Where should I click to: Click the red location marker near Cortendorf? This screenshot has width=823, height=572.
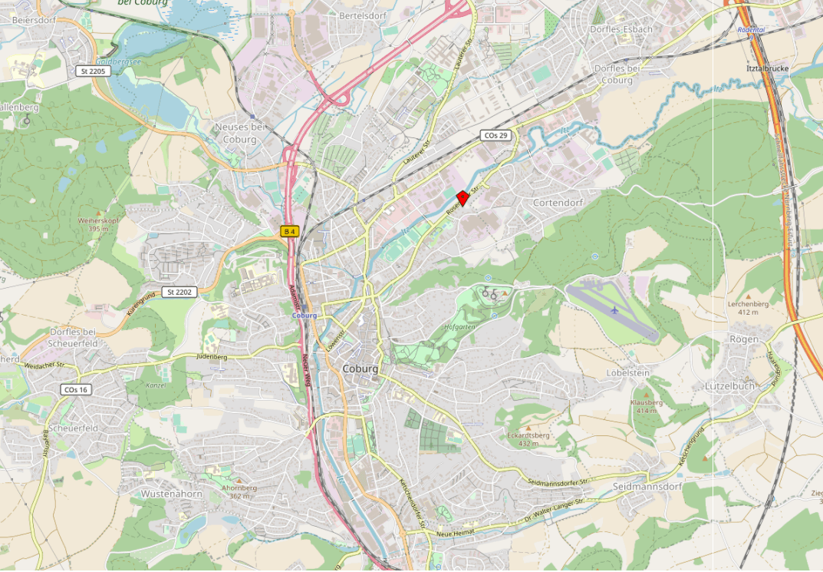463,197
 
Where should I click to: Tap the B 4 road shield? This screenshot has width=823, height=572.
289,231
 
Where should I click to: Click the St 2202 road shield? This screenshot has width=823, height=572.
180,293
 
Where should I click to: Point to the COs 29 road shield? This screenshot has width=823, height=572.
495,135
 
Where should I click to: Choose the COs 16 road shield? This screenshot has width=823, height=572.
76,390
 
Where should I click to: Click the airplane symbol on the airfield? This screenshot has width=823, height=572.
614,310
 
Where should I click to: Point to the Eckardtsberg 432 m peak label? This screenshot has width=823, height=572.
528,439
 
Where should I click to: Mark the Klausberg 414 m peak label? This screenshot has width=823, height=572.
646,406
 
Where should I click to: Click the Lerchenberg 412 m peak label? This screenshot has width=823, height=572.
753,308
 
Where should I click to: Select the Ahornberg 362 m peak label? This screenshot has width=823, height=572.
239,491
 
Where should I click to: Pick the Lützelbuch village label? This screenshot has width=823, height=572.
730,386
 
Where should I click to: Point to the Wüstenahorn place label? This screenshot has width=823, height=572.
171,494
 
